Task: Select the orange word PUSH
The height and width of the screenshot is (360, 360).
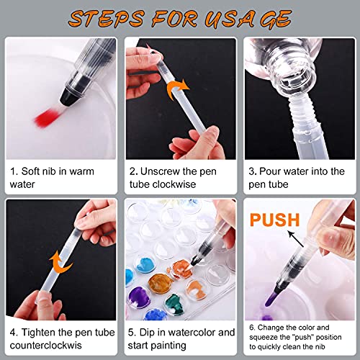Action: [x=269, y=218]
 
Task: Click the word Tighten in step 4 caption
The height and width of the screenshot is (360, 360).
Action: [x=44, y=332]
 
